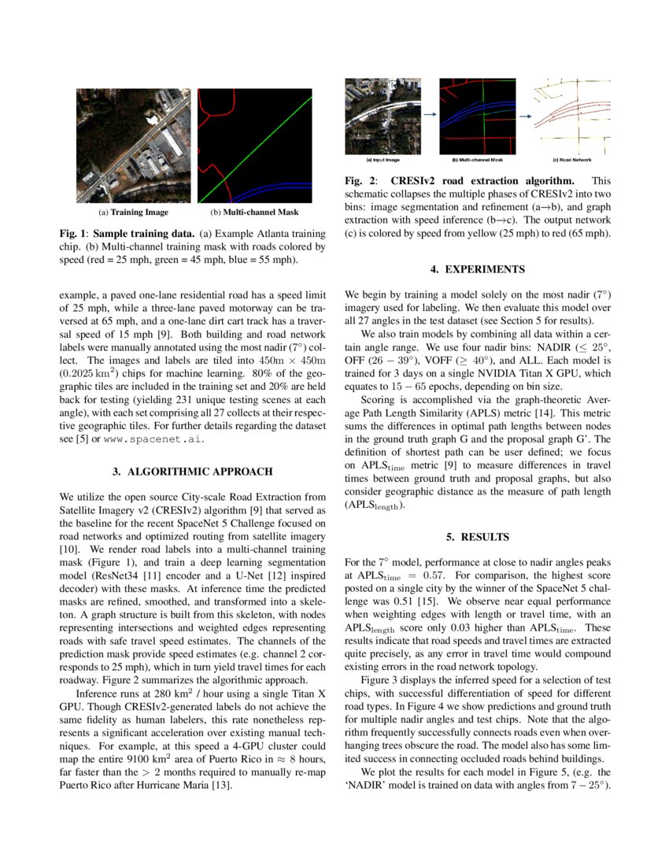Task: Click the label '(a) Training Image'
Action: [133, 212]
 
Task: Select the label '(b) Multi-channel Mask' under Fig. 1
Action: [254, 212]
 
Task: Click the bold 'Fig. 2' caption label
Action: [360, 181]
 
